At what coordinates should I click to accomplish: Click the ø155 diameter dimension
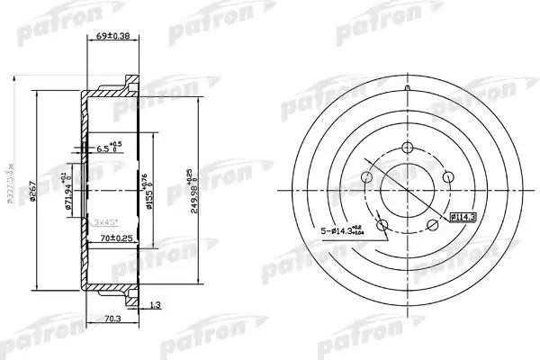click(148, 191)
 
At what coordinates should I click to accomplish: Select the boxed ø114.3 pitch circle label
click(463, 216)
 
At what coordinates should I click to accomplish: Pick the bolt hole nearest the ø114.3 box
click(432, 223)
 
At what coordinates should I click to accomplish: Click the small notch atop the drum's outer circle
click(406, 87)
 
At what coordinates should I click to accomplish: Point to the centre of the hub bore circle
click(406, 191)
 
